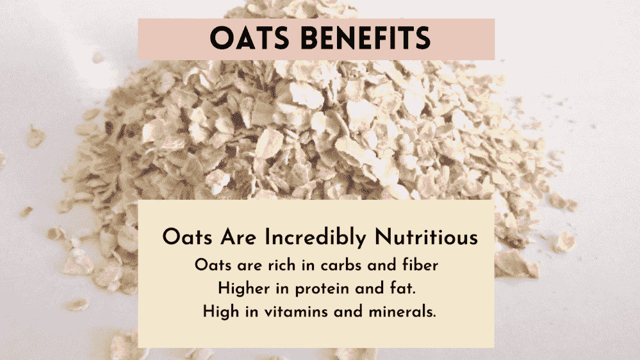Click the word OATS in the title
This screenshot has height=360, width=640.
click(249, 38)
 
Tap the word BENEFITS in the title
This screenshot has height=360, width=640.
click(366, 38)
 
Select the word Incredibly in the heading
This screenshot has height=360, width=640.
click(315, 238)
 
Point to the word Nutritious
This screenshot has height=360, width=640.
click(426, 237)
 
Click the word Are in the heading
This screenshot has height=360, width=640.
click(238, 238)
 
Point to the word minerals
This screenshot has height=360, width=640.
click(402, 312)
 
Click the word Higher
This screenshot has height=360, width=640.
click(243, 289)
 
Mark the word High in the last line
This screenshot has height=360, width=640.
click(221, 312)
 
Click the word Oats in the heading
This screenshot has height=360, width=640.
click(187, 238)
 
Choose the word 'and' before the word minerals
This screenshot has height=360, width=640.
click(348, 312)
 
